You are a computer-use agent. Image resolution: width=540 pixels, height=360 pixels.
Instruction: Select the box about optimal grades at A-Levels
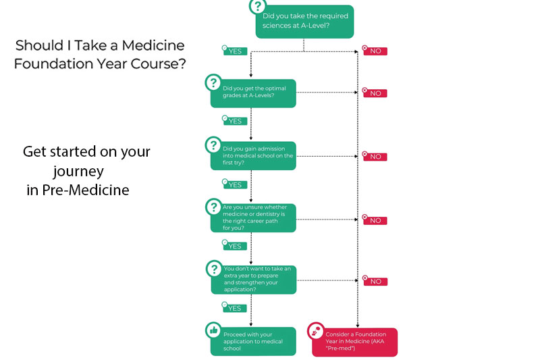(253, 91)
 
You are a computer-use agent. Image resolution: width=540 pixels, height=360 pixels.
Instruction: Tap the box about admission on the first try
(253, 155)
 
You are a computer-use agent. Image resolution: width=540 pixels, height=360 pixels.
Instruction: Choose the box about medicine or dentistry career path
(253, 217)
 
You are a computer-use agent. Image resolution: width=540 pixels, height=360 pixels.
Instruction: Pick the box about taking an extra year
(253, 278)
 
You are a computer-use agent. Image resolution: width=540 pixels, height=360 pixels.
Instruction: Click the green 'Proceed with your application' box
(253, 341)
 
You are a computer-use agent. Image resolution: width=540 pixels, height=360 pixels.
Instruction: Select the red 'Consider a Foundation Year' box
(354, 341)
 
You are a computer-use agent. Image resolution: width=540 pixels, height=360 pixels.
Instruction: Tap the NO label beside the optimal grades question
(375, 93)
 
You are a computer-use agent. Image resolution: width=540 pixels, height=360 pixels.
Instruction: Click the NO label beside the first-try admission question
(375, 157)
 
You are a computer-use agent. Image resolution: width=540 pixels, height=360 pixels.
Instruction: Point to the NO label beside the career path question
(375, 220)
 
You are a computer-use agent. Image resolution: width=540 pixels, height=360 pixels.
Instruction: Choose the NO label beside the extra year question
(375, 281)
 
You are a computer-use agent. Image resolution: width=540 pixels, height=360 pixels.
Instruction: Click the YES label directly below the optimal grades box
(234, 121)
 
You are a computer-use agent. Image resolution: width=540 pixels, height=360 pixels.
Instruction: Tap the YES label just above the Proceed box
(234, 308)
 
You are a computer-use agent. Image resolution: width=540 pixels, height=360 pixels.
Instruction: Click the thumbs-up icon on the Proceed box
(213, 330)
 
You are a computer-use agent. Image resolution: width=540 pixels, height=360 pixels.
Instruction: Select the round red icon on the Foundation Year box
(315, 331)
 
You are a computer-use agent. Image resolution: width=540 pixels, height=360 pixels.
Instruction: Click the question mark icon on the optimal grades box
(213, 82)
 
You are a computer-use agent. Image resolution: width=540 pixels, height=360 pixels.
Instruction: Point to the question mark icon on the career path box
(213, 206)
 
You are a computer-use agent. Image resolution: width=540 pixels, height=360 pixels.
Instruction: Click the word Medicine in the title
(153, 46)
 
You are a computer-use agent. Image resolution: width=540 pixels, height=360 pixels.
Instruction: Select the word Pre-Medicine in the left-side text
(85, 190)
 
